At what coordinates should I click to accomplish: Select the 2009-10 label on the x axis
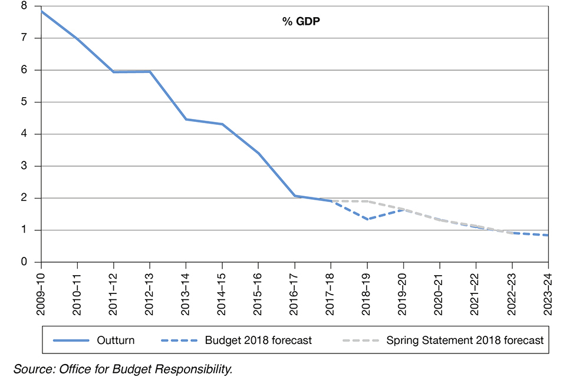(41, 291)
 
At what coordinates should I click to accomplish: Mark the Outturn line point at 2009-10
(41, 11)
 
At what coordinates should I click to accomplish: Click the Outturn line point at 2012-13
(150, 72)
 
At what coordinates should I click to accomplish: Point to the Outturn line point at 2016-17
(295, 196)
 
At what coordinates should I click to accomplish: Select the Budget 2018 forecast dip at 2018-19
(367, 219)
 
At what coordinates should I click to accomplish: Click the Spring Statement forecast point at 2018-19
(367, 201)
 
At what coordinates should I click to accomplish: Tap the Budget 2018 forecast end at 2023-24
(548, 235)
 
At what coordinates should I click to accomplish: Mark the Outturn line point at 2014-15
(222, 124)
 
